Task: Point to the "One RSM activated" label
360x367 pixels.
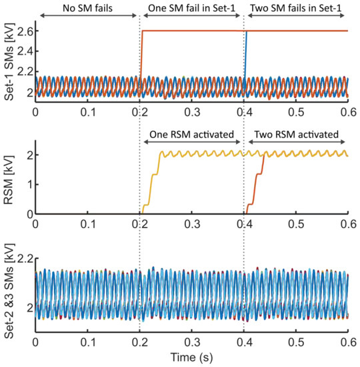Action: [192, 133]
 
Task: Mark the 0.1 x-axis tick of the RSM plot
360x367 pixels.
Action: [87, 224]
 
